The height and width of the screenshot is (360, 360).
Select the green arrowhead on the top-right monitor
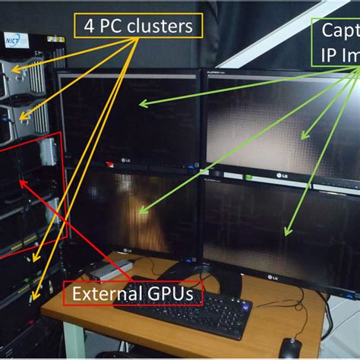pyautogui.click(x=302, y=137)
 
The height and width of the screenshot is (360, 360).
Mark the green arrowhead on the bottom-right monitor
pyautogui.click(x=286, y=232)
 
